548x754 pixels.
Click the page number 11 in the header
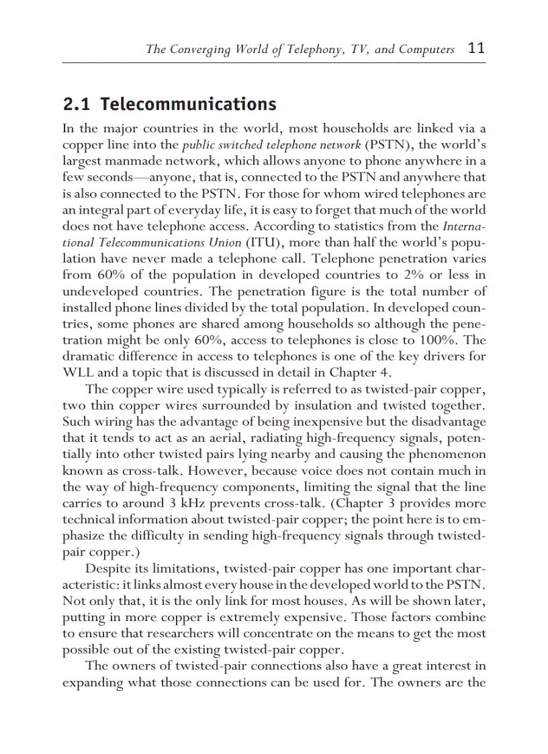point(475,49)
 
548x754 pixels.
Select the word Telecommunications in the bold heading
point(188,105)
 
